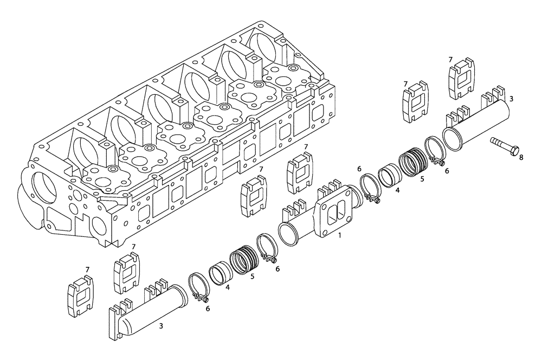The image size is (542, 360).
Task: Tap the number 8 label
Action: point(521,158)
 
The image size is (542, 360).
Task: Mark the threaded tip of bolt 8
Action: point(493,141)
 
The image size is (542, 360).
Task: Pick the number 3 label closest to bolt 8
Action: point(511,99)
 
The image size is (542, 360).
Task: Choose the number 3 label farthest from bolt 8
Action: point(160,326)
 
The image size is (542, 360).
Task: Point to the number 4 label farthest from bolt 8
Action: point(228,287)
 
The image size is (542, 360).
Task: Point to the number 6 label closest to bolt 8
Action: point(447,170)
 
